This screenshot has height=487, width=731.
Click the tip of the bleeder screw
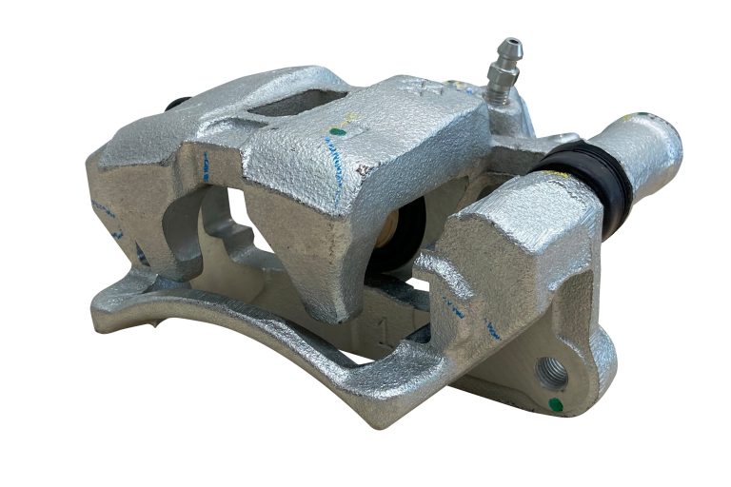pos(512,43)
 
